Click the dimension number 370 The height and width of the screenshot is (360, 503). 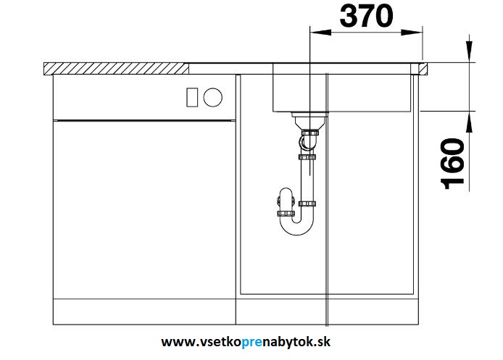tap(365, 15)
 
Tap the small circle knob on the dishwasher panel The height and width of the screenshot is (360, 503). tap(214, 96)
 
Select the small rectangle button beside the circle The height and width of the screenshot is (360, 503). tap(193, 96)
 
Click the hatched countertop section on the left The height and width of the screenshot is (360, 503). tap(116, 68)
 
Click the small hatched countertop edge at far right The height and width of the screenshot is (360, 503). tap(421, 69)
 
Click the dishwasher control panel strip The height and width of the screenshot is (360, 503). tap(145, 96)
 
